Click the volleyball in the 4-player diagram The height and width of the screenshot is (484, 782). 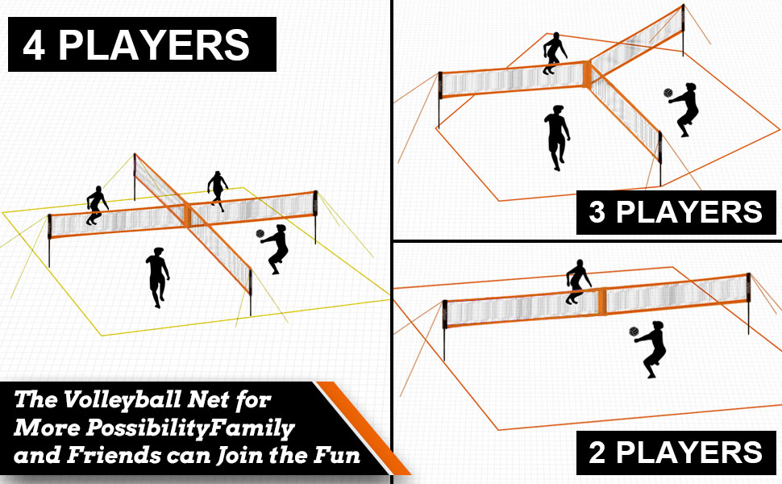260,234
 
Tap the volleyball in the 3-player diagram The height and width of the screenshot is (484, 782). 668,94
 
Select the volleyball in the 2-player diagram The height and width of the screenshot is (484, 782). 634,332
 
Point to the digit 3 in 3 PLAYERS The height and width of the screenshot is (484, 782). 597,212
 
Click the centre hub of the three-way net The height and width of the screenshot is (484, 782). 587,74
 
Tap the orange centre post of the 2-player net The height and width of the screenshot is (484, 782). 601,300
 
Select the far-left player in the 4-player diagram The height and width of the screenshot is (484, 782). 97,205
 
